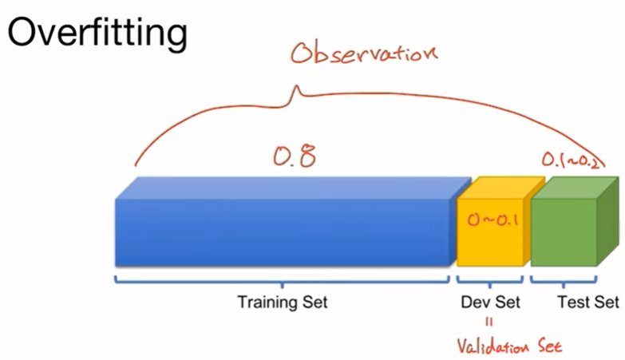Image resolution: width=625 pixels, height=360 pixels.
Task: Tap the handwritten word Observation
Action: point(364,53)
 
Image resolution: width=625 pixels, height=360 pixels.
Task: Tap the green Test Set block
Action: point(564,231)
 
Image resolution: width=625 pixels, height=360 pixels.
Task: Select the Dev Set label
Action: point(490,303)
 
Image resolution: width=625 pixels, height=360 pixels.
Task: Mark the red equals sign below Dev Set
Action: point(489,323)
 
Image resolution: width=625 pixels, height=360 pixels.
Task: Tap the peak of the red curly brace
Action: point(298,93)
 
